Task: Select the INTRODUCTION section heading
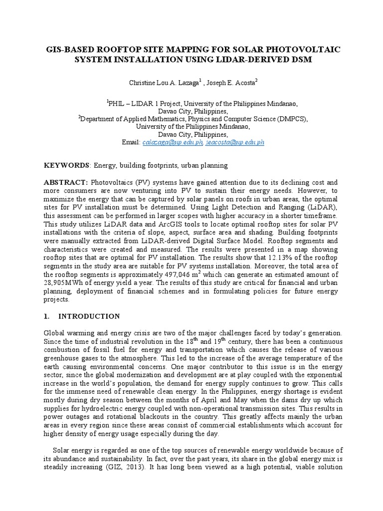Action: click(x=89, y=316)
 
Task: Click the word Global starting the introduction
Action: click(x=55, y=333)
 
